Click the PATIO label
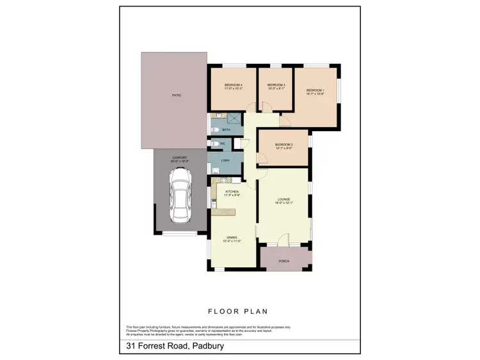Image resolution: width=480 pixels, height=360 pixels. point(176,95)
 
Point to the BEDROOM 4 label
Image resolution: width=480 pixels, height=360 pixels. point(233,85)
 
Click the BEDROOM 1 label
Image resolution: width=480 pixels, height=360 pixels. point(315,90)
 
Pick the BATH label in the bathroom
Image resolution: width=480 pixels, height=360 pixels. point(218,130)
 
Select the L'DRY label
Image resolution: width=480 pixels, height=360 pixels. point(225,160)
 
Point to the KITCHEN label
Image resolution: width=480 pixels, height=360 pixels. point(232,192)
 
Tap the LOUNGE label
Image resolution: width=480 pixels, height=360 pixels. point(283,200)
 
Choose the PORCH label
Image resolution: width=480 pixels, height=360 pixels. point(284,262)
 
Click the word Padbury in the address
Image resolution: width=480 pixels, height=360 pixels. point(205,347)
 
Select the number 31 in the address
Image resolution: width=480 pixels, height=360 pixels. point(131,347)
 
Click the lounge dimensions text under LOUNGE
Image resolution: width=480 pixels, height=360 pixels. point(283,203)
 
